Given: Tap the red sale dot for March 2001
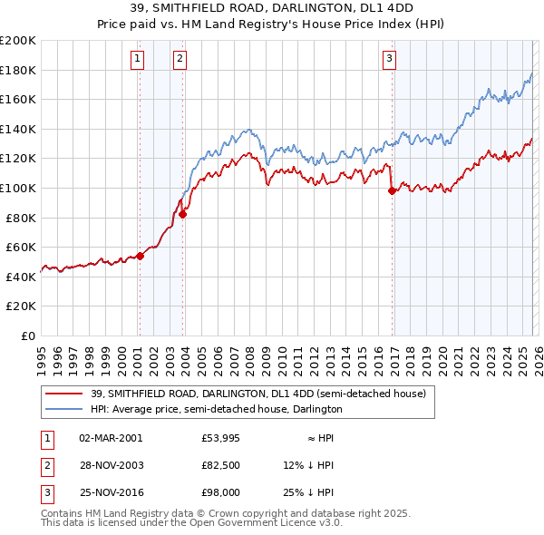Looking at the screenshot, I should [140, 256].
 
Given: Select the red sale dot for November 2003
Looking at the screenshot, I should [183, 214].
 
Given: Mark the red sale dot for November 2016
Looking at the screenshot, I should [392, 190].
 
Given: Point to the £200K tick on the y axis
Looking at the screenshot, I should [18, 41].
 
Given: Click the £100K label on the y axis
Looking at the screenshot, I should [18, 188].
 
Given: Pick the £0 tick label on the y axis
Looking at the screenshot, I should [28, 336].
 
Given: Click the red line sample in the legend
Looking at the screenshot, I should [65, 393].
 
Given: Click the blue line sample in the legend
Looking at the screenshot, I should [65, 409].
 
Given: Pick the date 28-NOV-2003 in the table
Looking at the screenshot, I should [111, 465].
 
